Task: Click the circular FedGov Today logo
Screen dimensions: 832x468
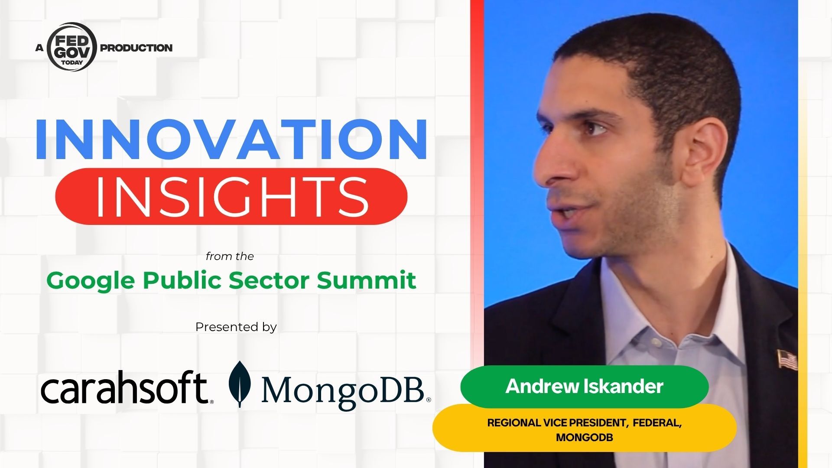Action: click(71, 47)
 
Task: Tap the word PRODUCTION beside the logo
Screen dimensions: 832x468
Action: click(136, 48)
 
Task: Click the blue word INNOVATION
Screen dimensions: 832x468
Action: click(231, 138)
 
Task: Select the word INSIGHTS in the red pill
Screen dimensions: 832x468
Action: click(231, 196)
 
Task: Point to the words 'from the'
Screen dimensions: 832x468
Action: click(230, 257)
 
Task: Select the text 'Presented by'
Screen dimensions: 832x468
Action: click(236, 327)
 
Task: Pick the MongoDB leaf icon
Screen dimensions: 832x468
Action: click(239, 384)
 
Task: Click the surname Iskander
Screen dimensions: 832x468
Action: click(625, 387)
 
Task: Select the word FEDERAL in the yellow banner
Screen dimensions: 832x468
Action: click(657, 423)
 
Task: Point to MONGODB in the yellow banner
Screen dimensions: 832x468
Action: click(585, 438)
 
